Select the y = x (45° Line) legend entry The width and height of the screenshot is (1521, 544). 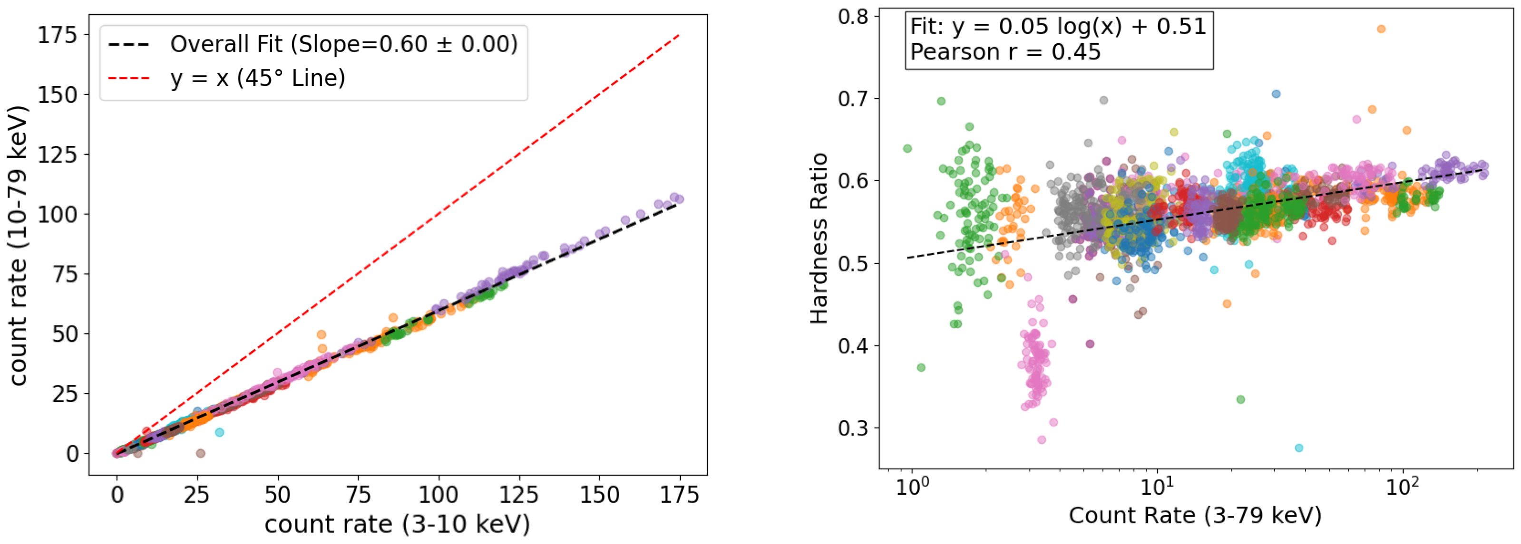coord(257,78)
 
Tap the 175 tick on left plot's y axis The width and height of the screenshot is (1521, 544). coord(57,36)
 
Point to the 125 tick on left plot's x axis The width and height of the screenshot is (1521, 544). coord(518,495)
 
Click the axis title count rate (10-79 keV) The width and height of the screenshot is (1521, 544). coord(19,246)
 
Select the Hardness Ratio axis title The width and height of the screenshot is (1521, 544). coord(819,239)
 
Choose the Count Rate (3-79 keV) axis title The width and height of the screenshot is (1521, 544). coord(1194,515)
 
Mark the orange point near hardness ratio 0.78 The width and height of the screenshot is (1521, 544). coord(1381,29)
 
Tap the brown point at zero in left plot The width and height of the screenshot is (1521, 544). coord(201,453)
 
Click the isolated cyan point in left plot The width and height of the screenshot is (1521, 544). coord(220,432)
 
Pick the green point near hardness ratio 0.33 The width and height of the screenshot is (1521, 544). coord(1240,400)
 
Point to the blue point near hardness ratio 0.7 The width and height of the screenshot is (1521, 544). coord(1276,94)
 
